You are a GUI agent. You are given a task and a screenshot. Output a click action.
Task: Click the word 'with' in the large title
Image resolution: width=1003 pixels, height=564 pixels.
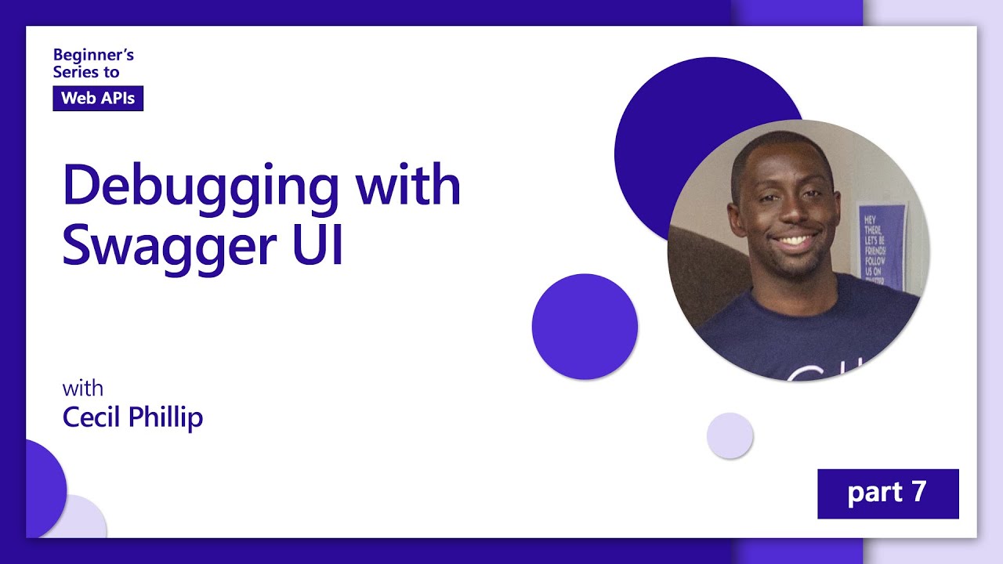point(407,185)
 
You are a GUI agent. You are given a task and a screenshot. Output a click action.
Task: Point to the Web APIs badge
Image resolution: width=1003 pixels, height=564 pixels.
point(98,98)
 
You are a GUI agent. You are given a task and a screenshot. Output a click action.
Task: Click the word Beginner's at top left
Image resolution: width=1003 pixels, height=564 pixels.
point(93,55)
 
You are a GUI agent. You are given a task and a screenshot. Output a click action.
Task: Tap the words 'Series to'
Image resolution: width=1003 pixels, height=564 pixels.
point(86,71)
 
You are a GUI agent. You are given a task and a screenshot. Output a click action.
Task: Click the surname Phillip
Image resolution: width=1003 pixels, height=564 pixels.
point(165,417)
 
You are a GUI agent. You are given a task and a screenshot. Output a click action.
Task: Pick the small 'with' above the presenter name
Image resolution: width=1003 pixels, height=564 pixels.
point(82,389)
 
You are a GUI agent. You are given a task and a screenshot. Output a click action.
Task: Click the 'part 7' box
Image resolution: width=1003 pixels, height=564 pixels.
point(888,493)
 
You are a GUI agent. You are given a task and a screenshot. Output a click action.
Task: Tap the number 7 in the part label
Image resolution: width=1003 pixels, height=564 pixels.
point(918,492)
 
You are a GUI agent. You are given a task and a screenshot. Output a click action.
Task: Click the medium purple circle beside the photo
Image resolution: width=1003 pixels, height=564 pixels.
point(585,327)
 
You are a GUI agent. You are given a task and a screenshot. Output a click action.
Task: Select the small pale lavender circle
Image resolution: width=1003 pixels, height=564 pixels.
point(730,436)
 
